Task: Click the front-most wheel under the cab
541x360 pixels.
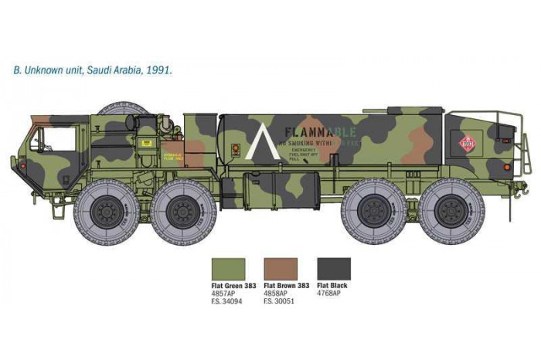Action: click(x=107, y=211)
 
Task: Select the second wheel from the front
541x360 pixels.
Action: click(x=182, y=211)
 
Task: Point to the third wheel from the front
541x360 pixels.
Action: click(x=374, y=211)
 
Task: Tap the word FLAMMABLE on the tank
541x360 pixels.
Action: click(x=320, y=131)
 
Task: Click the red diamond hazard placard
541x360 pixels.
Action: click(x=466, y=143)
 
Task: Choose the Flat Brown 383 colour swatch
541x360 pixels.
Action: click(x=280, y=269)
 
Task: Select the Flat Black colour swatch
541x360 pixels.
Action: click(x=333, y=269)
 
